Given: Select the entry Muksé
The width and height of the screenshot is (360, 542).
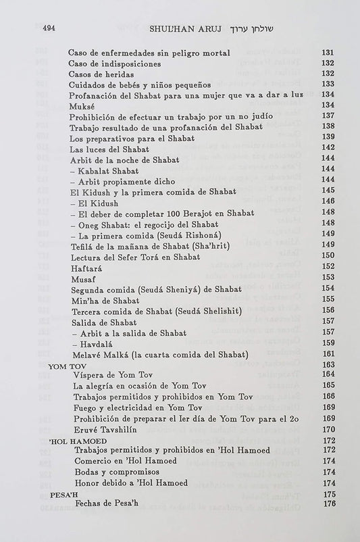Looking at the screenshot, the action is click(x=82, y=106).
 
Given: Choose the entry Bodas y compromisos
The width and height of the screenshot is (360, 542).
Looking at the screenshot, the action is click(x=118, y=472).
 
